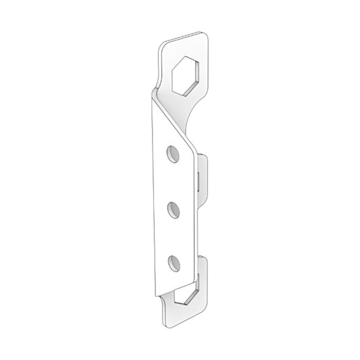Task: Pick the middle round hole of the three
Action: [x=174, y=207]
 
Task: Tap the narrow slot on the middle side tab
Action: [x=197, y=181]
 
